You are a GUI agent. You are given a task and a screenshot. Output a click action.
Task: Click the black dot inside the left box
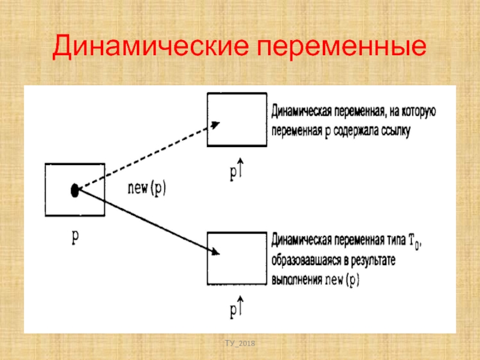(x=74, y=191)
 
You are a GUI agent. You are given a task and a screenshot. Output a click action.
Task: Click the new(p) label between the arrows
(x=148, y=187)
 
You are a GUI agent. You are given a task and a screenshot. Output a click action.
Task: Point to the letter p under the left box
(x=75, y=236)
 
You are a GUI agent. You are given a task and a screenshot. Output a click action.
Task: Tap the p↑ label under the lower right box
(x=236, y=310)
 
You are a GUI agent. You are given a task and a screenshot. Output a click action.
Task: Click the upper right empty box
(x=237, y=119)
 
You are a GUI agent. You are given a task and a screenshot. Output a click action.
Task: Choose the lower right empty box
(x=237, y=258)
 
